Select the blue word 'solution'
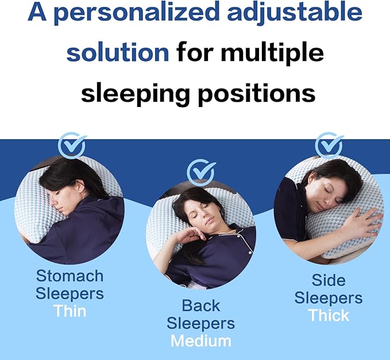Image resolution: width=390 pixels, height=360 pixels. [118, 53]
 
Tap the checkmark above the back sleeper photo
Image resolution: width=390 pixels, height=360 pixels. [200, 172]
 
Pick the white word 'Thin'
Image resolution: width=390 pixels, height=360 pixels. [69, 311]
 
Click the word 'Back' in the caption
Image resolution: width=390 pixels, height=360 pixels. [200, 305]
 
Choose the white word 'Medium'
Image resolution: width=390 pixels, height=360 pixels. [200, 341]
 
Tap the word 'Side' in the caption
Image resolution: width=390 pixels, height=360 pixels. [329, 280]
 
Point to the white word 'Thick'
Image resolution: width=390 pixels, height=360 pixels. [329, 316]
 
